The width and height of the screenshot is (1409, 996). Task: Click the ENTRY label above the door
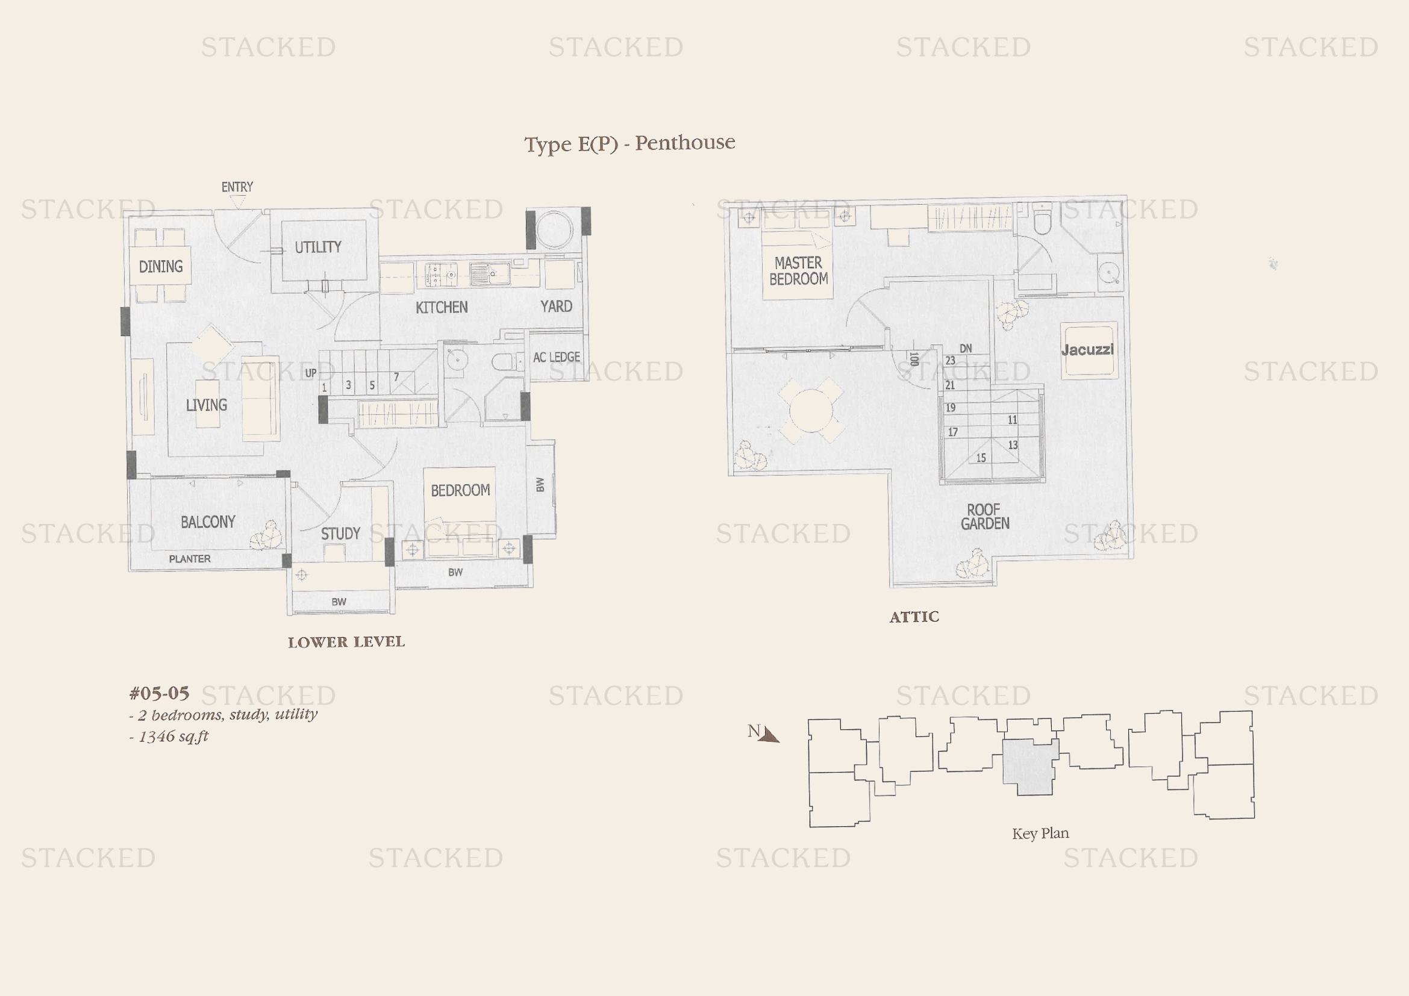237,187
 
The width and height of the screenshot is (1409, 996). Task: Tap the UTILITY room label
318,247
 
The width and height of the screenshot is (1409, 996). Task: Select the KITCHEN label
442,307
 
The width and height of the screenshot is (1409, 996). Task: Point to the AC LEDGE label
557,357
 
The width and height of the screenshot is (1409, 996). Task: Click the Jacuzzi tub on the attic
1088,350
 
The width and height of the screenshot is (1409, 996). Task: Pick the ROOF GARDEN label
985,517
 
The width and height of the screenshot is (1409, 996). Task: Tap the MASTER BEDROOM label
798,271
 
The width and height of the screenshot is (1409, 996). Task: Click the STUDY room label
340,534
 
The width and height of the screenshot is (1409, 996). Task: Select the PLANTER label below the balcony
190,559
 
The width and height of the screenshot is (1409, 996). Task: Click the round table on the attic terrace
811,410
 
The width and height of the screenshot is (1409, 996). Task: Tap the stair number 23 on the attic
950,361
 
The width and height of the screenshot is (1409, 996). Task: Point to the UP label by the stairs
311,373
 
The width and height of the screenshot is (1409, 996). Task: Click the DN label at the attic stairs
966,348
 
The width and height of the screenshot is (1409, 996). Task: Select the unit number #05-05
160,694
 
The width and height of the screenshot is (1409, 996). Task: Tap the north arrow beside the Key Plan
768,735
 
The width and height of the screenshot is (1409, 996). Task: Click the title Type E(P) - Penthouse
630,143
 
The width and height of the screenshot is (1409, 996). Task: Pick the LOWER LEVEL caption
346,642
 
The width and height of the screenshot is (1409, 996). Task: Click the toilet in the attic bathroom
1043,220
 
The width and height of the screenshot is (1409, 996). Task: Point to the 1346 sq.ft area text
173,736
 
